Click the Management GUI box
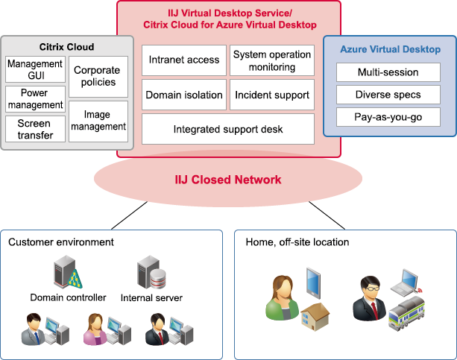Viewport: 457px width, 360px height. pos(36,70)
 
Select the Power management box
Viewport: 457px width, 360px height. pos(36,99)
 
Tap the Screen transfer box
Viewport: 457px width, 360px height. pos(36,129)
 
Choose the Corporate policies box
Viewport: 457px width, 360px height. pos(97,76)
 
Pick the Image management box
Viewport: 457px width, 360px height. pos(97,121)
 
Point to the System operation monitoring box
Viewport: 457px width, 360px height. pos(271,60)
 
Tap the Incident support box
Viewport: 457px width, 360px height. pos(271,95)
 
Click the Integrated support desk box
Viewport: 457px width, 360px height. pos(227,129)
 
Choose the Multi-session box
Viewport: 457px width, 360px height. pos(388,72)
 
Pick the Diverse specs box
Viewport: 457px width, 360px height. pos(388,95)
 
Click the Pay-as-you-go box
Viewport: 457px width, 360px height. pos(388,117)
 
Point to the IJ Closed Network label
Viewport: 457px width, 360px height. pos(228,180)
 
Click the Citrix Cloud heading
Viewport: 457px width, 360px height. pos(66,47)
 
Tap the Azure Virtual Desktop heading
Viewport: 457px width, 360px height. pos(390,50)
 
